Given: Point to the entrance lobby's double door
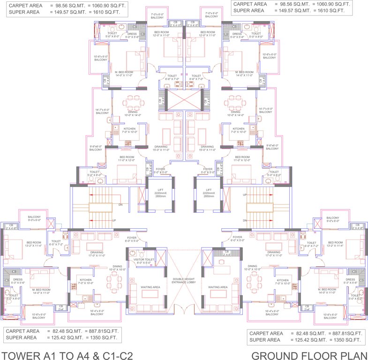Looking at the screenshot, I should click(184, 310).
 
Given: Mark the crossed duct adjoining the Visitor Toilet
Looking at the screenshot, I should click(161, 259).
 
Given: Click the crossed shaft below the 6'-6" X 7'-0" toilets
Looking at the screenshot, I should click(184, 100).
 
